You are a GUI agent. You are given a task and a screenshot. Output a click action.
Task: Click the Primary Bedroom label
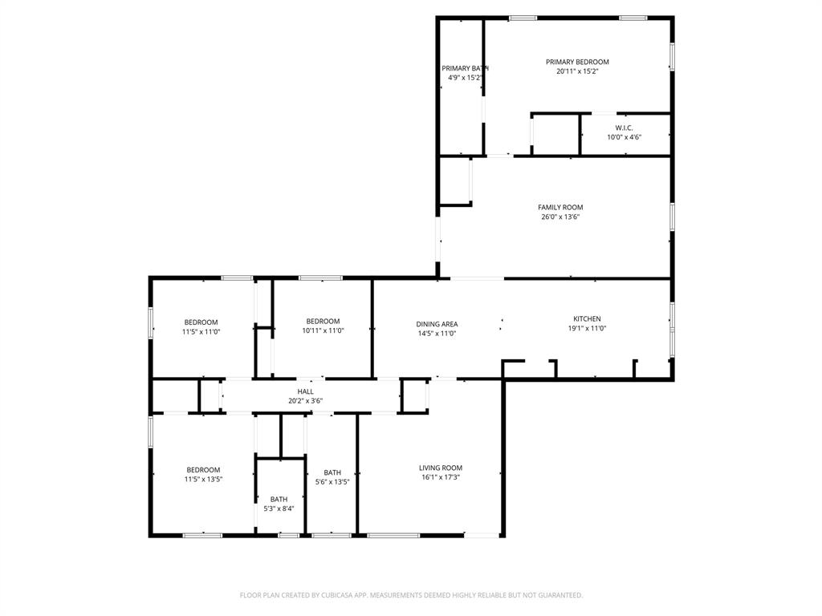tap(577, 62)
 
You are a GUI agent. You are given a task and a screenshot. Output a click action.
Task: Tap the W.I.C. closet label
tap(624, 128)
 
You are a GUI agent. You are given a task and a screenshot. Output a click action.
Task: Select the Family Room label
tap(560, 207)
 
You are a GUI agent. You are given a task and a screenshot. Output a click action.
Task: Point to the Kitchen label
tap(586, 318)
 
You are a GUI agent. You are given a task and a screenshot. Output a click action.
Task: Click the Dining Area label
tap(437, 324)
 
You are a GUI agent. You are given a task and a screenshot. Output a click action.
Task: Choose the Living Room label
tap(440, 468)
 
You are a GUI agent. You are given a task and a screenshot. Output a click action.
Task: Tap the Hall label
tap(305, 391)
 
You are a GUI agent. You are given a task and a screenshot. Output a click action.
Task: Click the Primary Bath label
tap(465, 68)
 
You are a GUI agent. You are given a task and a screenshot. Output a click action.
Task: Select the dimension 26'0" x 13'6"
tap(560, 217)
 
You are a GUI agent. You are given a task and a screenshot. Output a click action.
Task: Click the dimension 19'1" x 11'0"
tap(586, 328)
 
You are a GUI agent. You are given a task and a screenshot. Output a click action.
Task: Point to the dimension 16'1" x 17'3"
tap(440, 477)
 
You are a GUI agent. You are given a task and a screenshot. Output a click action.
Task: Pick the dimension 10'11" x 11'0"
tap(323, 330)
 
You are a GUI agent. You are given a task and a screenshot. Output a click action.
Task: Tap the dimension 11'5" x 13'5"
tap(203, 480)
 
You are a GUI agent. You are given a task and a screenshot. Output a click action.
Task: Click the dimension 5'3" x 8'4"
tap(279, 509)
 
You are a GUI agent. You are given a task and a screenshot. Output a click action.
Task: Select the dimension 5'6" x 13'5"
tap(332, 482)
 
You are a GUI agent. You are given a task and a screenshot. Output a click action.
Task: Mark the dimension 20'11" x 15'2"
tap(577, 71)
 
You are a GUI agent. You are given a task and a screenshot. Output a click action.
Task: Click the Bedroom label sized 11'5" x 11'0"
tap(201, 322)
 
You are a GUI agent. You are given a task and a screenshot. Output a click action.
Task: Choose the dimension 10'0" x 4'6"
tap(624, 137)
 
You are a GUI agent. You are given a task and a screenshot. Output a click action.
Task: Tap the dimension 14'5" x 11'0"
tap(437, 334)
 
